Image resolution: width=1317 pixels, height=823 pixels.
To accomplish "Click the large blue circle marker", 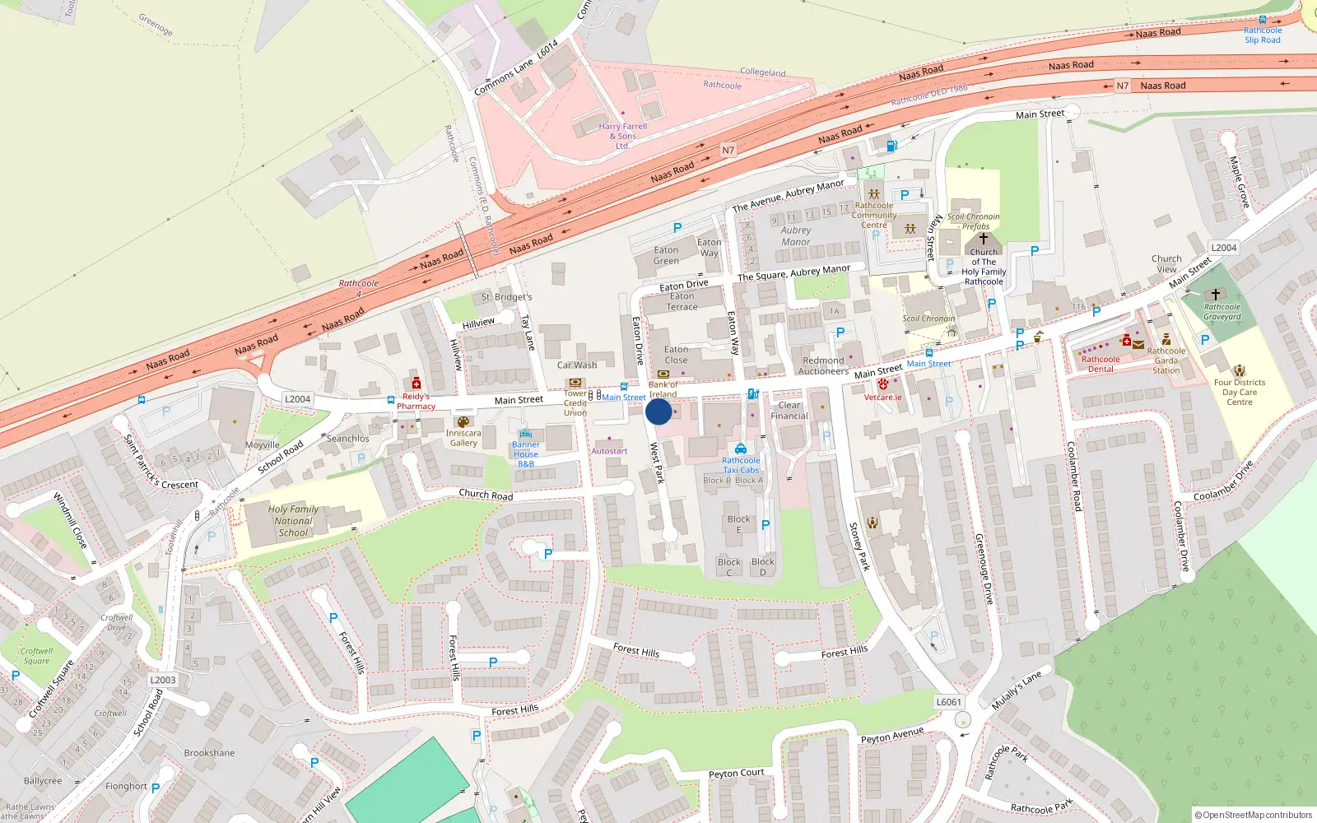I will pos(658,411).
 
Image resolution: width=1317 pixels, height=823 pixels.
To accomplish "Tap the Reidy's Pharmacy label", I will pos(416,401).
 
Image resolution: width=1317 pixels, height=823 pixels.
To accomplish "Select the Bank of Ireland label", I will pos(663,389).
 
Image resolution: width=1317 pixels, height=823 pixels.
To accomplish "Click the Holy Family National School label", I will pos(293,521).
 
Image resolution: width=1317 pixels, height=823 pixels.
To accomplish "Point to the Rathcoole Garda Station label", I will pos(1166,360).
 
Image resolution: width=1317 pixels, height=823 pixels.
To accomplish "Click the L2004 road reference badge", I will pos(297,399).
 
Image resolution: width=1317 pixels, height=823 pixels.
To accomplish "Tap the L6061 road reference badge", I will pos(948,702).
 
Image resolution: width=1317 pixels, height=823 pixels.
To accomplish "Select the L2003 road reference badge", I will pos(163,680).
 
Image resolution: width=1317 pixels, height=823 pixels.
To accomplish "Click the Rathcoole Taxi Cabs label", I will pos(741,465).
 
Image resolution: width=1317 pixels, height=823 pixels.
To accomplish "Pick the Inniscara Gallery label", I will pos(463,438).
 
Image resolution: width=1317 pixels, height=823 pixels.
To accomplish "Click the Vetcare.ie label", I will pos(882,398).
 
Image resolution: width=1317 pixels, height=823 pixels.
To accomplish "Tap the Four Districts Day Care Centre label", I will pos(1239,392).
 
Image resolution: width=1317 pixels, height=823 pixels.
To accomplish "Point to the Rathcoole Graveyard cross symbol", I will pos(1215,294).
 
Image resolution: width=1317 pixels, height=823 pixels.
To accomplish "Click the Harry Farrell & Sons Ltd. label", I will pos(623,136).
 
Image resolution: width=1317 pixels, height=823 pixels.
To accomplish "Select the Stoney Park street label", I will pos(859,546).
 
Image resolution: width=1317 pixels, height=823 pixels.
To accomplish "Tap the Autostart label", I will pos(609,451).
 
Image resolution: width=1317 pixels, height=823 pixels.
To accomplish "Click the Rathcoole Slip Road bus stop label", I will pos(1263,35).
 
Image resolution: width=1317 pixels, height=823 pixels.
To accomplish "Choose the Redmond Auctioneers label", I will pos(824,366).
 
